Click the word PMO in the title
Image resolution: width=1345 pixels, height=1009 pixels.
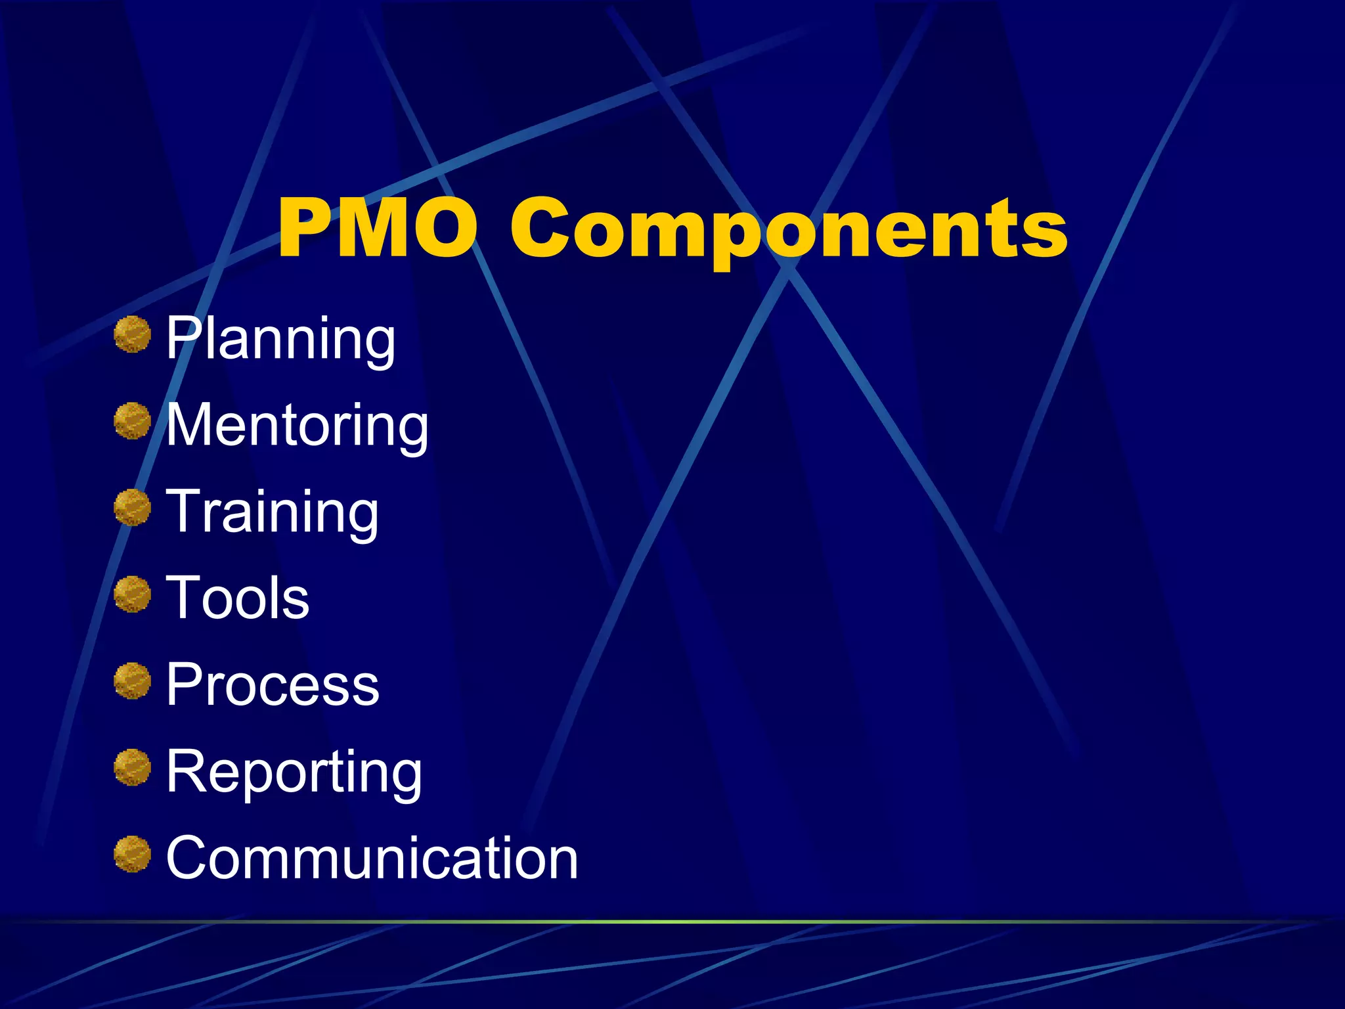(x=378, y=228)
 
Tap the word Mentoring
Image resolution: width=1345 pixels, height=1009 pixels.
(x=297, y=426)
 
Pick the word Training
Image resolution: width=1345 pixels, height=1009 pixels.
(x=272, y=513)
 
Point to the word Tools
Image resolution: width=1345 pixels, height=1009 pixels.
(x=237, y=598)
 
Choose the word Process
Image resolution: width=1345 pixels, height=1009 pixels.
(x=273, y=684)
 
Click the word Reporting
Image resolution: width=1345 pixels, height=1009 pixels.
(x=294, y=773)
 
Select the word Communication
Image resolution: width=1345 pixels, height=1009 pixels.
(x=372, y=857)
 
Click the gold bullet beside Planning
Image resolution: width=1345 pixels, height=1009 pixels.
(x=133, y=334)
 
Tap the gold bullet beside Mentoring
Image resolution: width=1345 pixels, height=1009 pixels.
(x=133, y=420)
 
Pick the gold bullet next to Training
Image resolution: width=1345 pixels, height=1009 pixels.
(x=133, y=507)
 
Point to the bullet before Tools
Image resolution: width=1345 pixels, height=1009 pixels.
(x=133, y=594)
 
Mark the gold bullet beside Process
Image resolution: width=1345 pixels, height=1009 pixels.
(x=133, y=681)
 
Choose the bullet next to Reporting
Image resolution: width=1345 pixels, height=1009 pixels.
(x=133, y=767)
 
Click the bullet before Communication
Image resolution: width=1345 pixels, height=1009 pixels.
(x=133, y=854)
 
